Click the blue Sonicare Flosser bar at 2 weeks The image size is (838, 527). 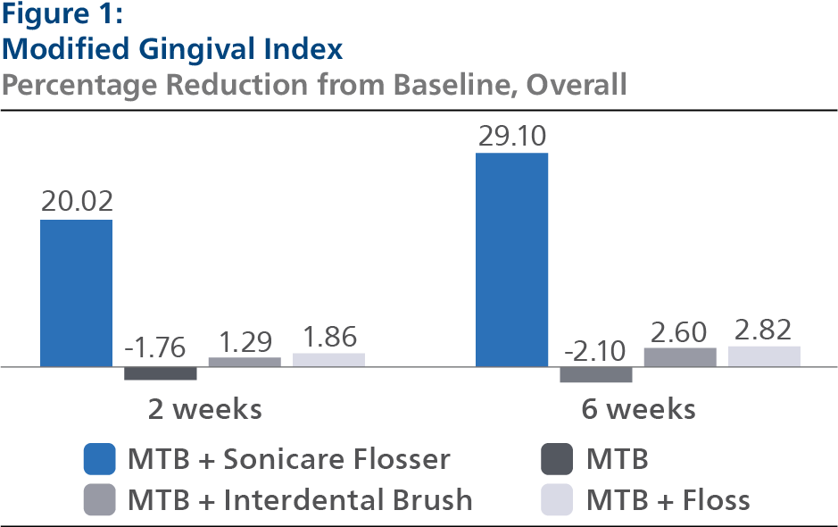pos(76,293)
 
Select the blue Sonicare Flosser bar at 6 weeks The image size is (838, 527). pos(511,259)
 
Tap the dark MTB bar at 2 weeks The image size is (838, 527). pos(161,373)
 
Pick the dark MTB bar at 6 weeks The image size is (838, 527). pos(596,375)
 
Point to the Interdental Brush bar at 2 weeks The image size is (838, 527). pos(245,362)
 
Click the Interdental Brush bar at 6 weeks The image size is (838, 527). pos(680,357)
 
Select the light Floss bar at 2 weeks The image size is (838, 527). pos(328,359)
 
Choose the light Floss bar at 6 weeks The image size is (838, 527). pos(764,356)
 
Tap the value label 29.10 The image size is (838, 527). pos(512,136)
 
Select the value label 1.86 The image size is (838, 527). pos(328,337)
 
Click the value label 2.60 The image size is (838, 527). pos(680,331)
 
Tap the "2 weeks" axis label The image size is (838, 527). pos(204,409)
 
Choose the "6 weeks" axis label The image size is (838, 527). pos(638,409)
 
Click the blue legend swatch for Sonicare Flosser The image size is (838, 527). pos(99,459)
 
